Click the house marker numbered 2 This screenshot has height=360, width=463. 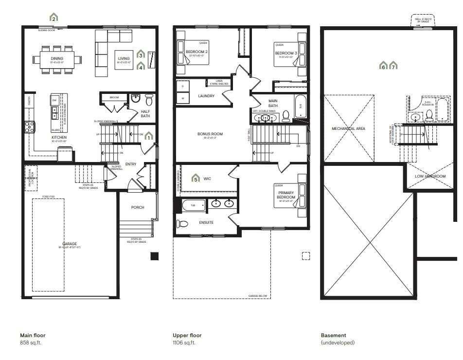tap(54, 18)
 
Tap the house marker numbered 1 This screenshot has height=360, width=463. tap(149, 136)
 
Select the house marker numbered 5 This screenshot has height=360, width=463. tap(196, 179)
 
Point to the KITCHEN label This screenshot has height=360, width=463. tap(59, 138)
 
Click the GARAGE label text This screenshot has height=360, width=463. tap(70, 244)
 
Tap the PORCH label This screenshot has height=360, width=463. tap(138, 207)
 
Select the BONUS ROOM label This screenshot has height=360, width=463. tap(210, 134)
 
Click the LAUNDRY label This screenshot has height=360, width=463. tap(206, 96)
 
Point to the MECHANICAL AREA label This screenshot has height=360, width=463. tap(348, 128)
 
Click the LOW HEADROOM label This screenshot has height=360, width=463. tap(430, 176)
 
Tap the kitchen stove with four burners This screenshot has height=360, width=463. tap(30, 126)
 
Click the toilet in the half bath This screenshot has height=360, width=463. tap(149, 100)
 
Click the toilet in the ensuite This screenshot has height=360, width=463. tap(182, 224)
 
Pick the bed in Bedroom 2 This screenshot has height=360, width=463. tap(198, 53)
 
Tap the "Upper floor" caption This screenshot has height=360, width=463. tap(187, 335)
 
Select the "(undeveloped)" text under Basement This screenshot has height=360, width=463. tap(338, 342)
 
